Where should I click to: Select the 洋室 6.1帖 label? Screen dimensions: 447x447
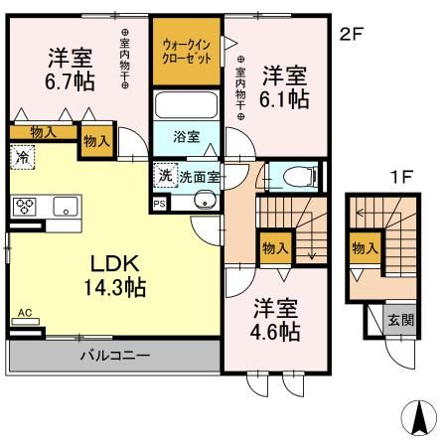click(x=284, y=86)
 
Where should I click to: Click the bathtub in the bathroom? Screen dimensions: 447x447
click(x=187, y=105)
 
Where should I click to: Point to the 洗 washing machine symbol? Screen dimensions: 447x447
click(x=165, y=174)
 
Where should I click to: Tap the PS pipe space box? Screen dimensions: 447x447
click(x=159, y=204)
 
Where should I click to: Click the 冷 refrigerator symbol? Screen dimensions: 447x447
click(x=21, y=155)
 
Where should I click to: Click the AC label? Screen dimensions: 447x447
click(x=25, y=314)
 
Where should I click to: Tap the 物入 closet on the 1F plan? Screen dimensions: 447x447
click(x=364, y=246)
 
